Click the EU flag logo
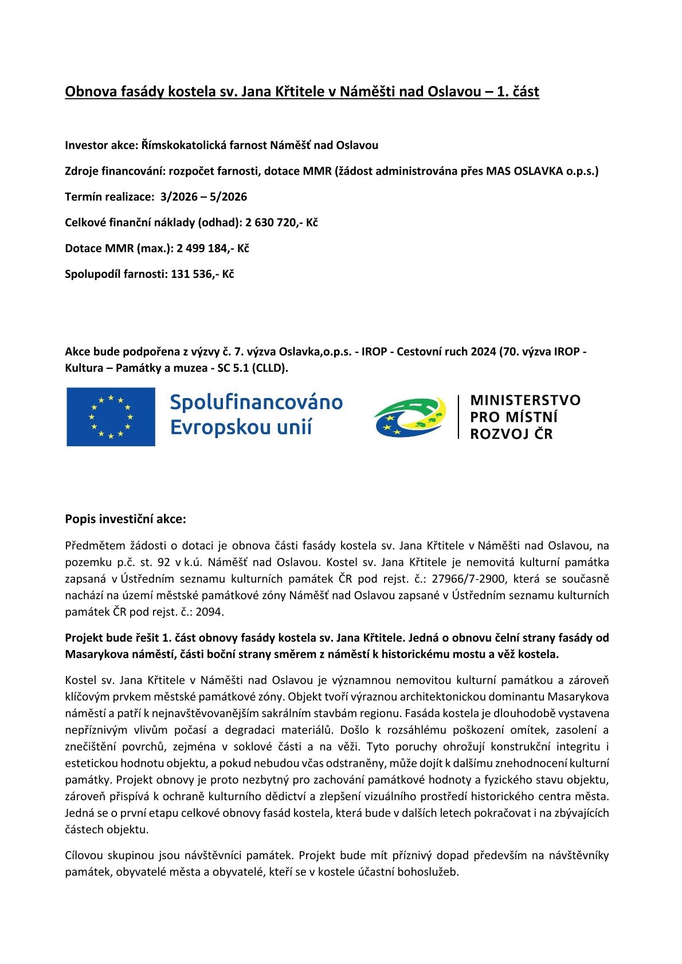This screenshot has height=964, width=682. (111, 416)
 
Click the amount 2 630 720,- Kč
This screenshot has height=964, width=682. (281, 222)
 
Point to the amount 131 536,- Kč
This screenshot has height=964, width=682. (202, 274)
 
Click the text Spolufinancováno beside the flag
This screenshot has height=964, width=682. (256, 403)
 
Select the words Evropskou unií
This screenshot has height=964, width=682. (241, 428)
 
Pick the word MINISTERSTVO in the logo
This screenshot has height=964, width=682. (525, 400)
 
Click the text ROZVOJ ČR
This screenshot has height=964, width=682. (511, 434)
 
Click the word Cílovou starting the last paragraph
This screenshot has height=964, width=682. (84, 855)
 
